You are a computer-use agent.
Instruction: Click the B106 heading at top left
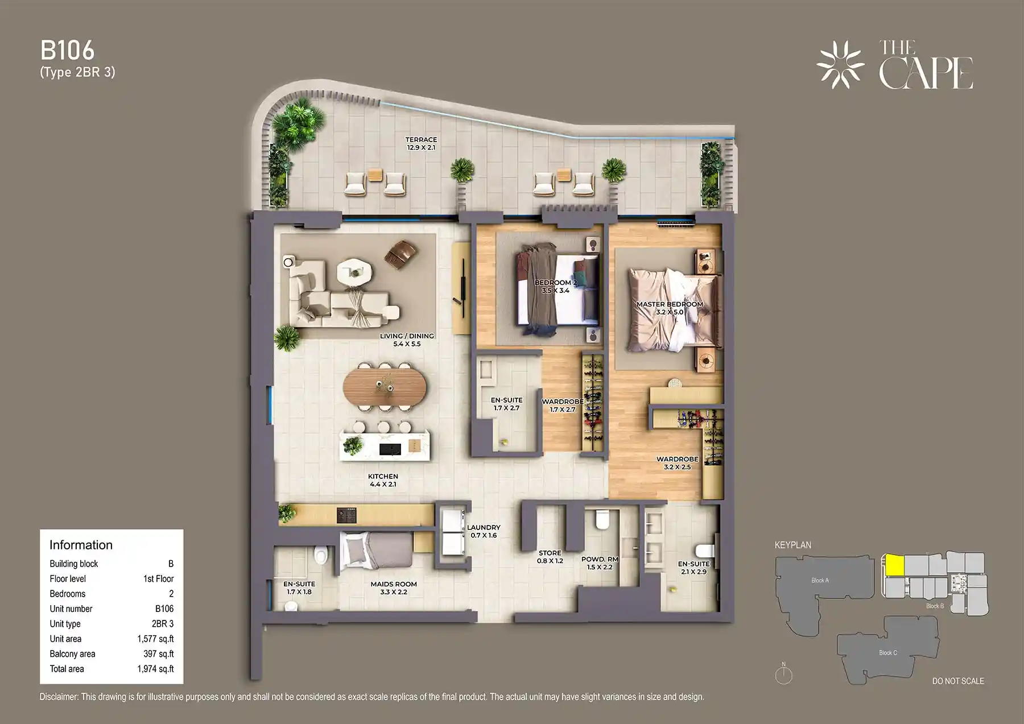pos(67,51)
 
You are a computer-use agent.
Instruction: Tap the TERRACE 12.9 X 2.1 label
pos(421,143)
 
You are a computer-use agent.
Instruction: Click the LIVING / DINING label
pos(407,340)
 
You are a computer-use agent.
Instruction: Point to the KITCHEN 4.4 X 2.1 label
pos(383,480)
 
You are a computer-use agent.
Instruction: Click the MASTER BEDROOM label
pos(670,308)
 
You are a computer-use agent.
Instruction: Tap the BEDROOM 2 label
pos(555,286)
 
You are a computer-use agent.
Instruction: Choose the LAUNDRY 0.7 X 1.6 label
pos(484,531)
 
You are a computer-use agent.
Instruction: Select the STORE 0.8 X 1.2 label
pos(550,556)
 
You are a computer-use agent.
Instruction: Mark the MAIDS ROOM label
pos(394,588)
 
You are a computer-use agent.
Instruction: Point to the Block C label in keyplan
pos(887,652)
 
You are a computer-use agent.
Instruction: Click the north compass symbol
pos(783,675)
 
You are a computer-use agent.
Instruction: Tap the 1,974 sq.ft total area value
pos(155,669)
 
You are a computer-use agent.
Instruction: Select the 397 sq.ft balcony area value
pos(158,654)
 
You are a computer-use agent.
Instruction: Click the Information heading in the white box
pos(81,545)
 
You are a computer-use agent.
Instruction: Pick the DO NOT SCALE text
pos(957,681)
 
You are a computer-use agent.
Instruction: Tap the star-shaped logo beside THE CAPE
pos(840,65)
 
